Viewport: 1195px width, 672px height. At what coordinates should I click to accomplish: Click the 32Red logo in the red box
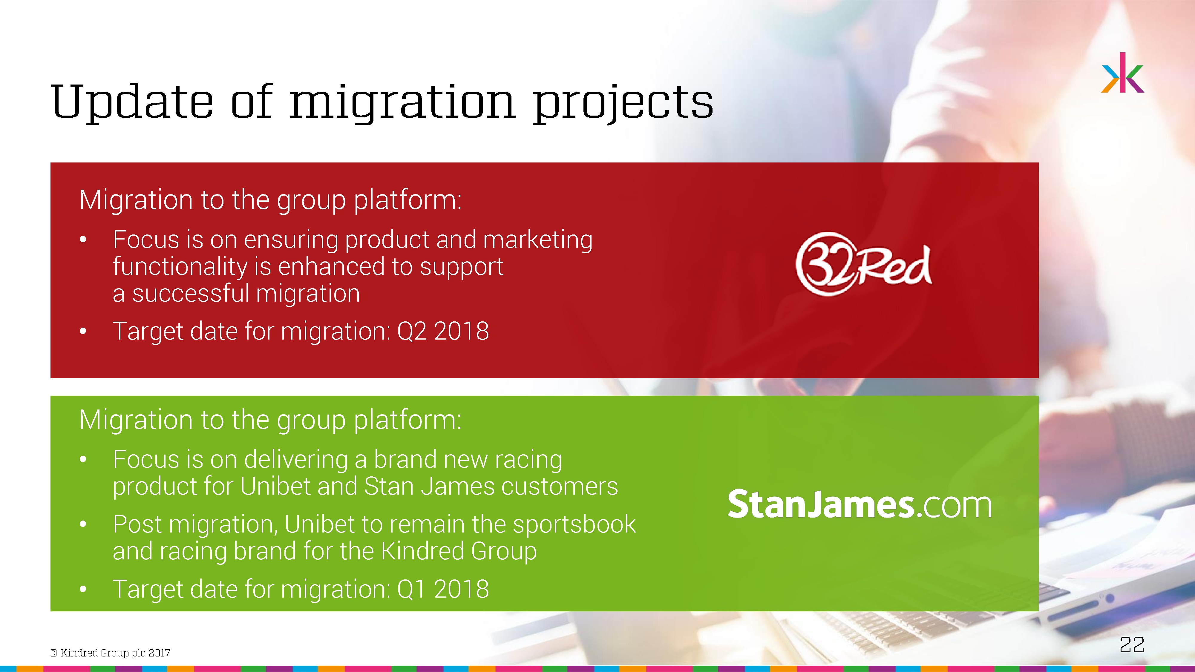[x=863, y=264]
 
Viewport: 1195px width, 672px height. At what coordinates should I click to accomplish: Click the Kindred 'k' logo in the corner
[x=1122, y=73]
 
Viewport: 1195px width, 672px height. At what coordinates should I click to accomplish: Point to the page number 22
[x=1132, y=644]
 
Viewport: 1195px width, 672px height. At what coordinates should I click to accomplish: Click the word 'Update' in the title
[x=132, y=102]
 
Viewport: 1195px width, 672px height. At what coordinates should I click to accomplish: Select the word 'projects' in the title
[x=623, y=102]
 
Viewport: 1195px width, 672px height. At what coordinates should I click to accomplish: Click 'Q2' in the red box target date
[x=412, y=331]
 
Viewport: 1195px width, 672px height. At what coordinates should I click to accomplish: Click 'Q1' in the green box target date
[x=411, y=589]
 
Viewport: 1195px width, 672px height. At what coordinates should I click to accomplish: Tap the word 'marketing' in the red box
[x=538, y=240]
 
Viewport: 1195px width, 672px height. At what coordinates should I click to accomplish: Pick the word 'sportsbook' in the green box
[x=574, y=524]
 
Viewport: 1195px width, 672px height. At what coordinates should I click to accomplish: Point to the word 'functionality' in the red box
[x=180, y=267]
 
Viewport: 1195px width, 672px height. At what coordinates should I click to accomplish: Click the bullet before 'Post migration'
[x=83, y=524]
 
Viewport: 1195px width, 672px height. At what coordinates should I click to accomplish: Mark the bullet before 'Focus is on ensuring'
[x=83, y=240]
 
